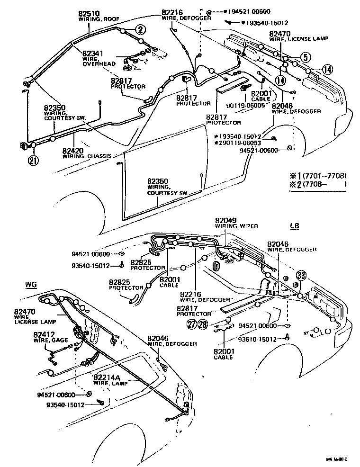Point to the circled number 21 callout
(x=33, y=160)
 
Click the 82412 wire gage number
(x=43, y=334)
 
